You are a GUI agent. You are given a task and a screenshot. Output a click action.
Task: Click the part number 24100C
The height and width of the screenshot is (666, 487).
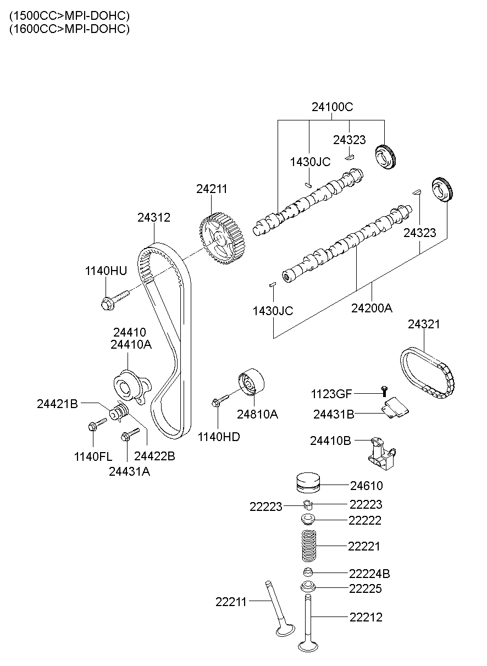(x=332, y=107)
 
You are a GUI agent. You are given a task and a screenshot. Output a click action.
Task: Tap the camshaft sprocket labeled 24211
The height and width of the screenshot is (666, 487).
(x=222, y=240)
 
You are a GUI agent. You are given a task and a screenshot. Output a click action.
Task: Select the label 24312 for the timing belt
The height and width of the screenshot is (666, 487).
(x=153, y=217)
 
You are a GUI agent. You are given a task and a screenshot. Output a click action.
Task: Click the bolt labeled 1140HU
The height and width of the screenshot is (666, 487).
(x=113, y=299)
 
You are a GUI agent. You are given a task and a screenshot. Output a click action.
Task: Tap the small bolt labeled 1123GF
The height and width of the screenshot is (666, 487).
(x=384, y=390)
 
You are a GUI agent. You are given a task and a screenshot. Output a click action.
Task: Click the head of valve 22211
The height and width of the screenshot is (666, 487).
(x=285, y=628)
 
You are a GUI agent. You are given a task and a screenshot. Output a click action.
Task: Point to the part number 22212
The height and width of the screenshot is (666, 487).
(x=366, y=617)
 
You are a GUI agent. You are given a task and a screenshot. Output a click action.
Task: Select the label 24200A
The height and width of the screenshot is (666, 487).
(x=372, y=308)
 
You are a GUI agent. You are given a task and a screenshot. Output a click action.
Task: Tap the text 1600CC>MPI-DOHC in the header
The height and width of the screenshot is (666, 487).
(x=69, y=29)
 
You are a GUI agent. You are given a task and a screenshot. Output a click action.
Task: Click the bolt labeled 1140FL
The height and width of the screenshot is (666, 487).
(x=97, y=425)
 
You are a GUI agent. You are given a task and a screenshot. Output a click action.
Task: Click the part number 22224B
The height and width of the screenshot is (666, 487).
(x=369, y=574)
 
